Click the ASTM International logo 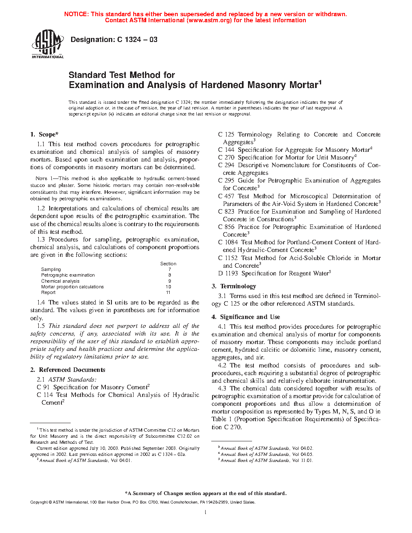click(48, 44)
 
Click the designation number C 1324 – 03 click(137, 40)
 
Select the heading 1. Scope click(44, 134)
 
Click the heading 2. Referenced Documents click(68, 370)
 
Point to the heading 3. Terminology click(234, 286)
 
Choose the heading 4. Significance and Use click(246, 317)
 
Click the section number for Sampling click(170, 269)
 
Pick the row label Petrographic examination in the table click(68, 275)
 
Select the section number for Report click(168, 292)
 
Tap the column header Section click(168, 264)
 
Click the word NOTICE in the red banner click(76, 14)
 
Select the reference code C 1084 click(228, 242)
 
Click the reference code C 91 click(43, 387)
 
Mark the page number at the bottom click(206, 512)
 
